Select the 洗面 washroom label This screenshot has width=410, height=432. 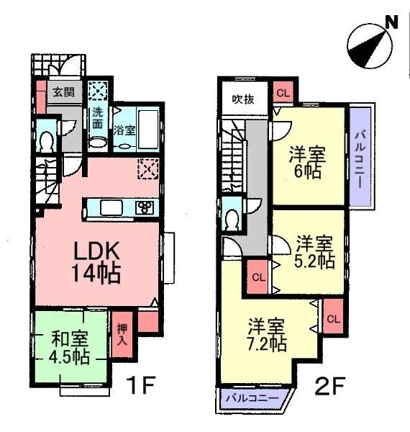point(96,118)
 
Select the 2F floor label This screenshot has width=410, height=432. point(331,387)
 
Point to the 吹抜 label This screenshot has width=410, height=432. point(242,100)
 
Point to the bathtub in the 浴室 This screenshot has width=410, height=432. point(147,130)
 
